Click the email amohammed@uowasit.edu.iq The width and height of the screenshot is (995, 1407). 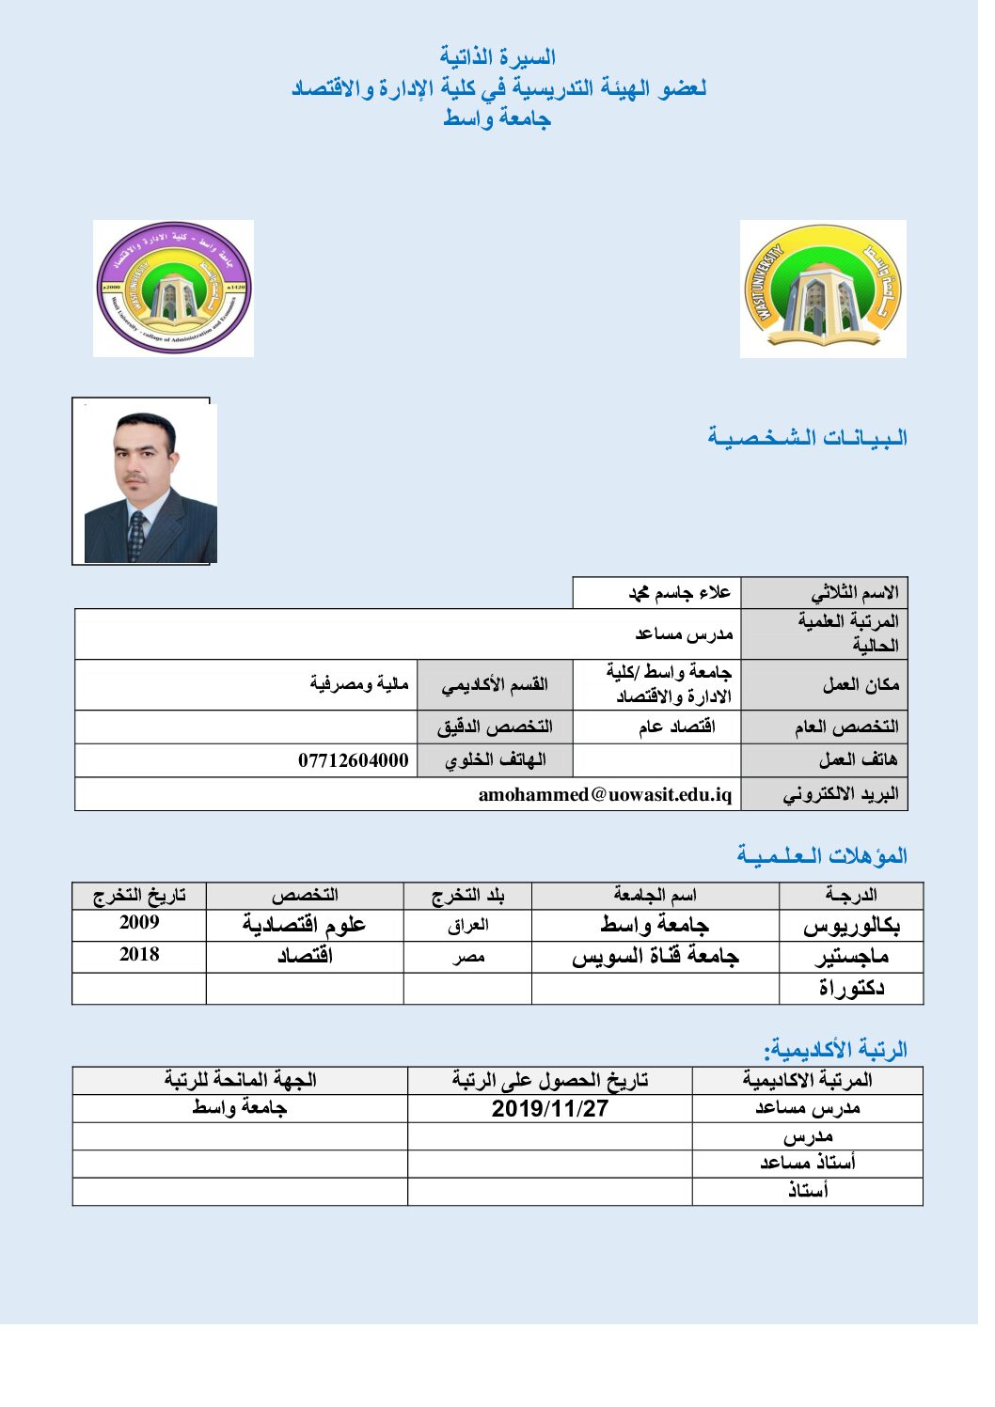pyautogui.click(x=605, y=794)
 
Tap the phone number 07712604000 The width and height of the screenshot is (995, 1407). pyautogui.click(x=353, y=760)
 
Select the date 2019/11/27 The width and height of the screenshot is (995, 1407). pyautogui.click(x=550, y=1108)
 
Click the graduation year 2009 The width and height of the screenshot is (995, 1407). pyautogui.click(x=139, y=923)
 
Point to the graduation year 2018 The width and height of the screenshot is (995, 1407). pyautogui.click(x=139, y=955)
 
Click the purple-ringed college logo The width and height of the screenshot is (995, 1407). pyautogui.click(x=174, y=289)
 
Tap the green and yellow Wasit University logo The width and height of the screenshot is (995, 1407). pyautogui.click(x=823, y=289)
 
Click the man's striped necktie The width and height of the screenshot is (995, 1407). pyautogui.click(x=137, y=536)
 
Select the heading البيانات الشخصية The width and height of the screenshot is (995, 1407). pyautogui.click(x=807, y=438)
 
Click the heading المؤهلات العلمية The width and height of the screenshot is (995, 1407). pyautogui.click(x=822, y=856)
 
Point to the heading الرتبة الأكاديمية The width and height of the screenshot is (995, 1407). pyautogui.click(x=835, y=1049)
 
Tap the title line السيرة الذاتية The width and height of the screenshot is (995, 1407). pyautogui.click(x=497, y=57)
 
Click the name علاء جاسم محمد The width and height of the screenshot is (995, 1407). pyautogui.click(x=679, y=592)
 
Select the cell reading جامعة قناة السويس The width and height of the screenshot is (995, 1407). pyautogui.click(x=655, y=957)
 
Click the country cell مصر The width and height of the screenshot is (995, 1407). pyautogui.click(x=468, y=957)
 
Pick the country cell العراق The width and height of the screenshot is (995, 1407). pyautogui.click(x=468, y=925)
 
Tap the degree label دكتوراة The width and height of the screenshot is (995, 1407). pyautogui.click(x=851, y=988)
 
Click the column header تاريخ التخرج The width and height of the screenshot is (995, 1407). pyautogui.click(x=139, y=895)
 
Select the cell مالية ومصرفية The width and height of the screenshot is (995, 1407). pyautogui.click(x=359, y=683)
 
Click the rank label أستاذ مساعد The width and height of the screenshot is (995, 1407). pyautogui.click(x=808, y=1164)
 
